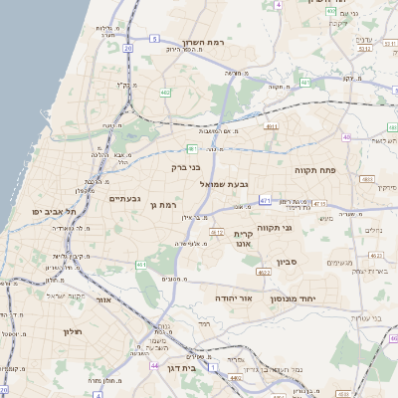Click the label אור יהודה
click(x=235, y=298)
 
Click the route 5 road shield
click(x=154, y=38)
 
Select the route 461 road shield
click(x=265, y=200)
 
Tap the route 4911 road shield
click(x=271, y=127)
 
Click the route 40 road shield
click(x=346, y=137)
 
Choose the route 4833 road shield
click(x=366, y=179)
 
